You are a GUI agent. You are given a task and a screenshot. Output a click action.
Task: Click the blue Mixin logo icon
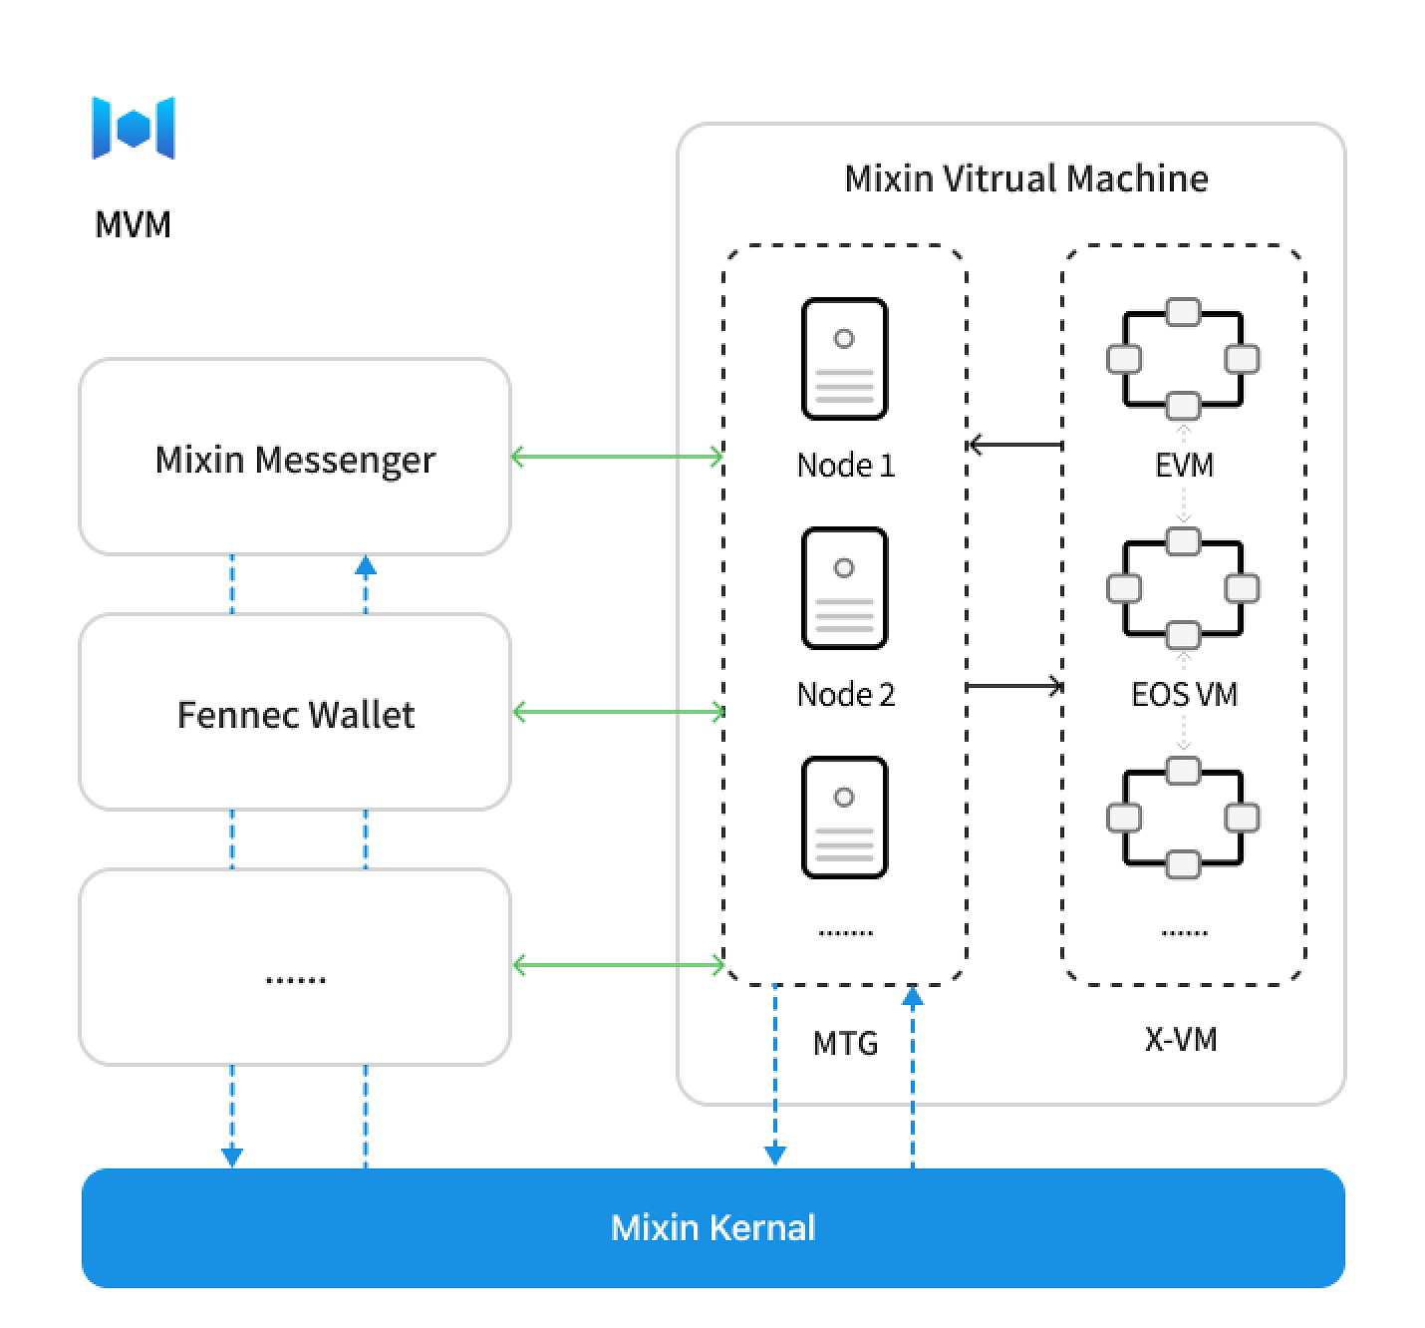pos(134,128)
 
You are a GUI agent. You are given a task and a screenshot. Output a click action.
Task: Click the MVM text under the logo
pos(133,224)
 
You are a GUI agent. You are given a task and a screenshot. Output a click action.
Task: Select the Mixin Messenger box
pos(295,458)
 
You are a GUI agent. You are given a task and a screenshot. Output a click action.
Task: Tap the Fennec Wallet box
pos(295,713)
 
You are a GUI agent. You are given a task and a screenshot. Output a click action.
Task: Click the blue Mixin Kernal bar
pos(712,1227)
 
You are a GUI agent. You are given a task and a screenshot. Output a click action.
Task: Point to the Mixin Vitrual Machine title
pos(1025,179)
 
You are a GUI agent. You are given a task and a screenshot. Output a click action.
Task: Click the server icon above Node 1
pos(844,359)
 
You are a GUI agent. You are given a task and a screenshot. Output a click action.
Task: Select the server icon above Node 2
pos(844,588)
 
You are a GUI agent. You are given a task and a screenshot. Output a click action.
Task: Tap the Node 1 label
pos(845,466)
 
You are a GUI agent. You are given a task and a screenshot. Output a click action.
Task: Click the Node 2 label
pos(845,695)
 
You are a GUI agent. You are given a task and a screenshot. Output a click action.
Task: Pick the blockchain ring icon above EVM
pos(1183,359)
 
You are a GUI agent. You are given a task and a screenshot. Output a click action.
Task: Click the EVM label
pos(1184,466)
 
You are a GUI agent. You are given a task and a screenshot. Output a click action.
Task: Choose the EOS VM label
pos(1184,695)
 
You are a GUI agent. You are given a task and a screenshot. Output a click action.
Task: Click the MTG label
pos(845,1044)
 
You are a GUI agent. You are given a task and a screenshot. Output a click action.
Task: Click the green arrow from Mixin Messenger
pos(617,458)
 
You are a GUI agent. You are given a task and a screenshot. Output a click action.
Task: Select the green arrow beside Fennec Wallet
pos(618,712)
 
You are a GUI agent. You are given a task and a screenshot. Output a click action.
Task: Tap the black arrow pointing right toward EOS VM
pos(1014,686)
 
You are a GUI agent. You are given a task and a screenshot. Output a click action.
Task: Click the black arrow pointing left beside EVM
pos(1014,445)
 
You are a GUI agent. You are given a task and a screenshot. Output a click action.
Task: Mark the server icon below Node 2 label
pos(844,818)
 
